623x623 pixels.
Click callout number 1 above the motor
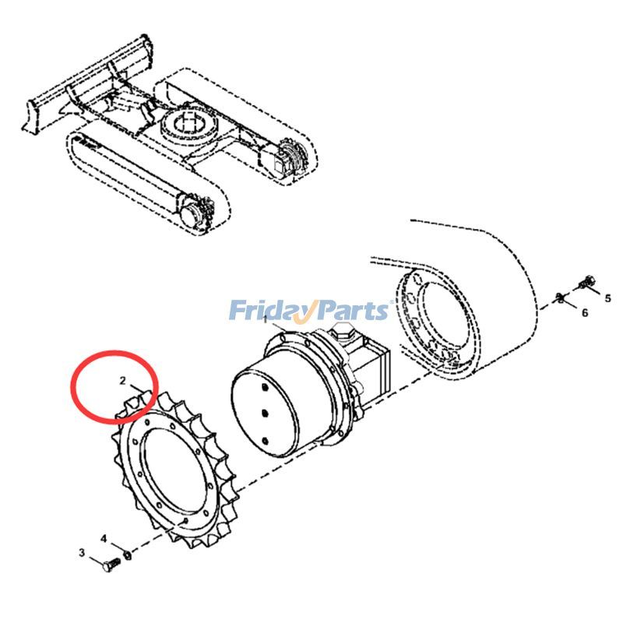click(266, 319)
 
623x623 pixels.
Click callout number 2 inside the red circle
click(122, 380)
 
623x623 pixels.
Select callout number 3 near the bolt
click(82, 552)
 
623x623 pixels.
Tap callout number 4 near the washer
click(104, 539)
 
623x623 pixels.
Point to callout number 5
click(608, 298)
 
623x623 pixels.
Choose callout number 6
click(585, 313)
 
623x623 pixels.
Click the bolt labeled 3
click(111, 565)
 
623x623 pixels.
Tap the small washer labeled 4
click(128, 554)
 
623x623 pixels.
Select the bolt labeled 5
click(587, 282)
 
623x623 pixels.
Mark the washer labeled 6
click(560, 297)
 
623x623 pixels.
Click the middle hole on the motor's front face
click(265, 414)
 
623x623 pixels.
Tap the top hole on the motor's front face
click(263, 387)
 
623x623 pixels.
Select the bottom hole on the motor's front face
click(266, 441)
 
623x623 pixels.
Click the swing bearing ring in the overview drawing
click(189, 126)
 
